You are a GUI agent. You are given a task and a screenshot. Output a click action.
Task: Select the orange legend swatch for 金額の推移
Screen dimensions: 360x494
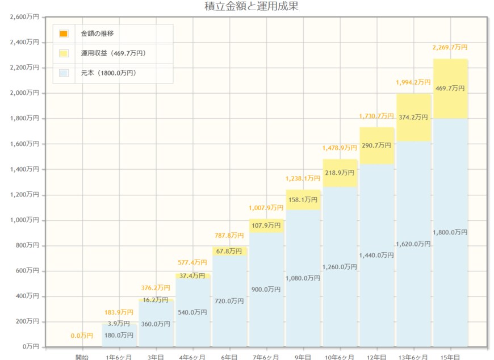coord(64,34)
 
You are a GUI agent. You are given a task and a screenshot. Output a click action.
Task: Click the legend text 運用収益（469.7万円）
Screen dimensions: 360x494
coord(113,53)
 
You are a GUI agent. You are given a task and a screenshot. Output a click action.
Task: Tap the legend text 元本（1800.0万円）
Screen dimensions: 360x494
coord(108,73)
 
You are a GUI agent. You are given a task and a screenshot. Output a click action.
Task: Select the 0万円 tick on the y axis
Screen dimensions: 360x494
coord(30,346)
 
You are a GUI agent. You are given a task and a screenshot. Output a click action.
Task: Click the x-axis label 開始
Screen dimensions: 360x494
coord(82,357)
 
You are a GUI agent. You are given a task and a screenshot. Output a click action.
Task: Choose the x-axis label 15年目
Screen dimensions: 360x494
coord(450,357)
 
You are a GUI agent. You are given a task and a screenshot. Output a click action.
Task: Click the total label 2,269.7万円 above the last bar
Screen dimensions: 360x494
coord(450,47)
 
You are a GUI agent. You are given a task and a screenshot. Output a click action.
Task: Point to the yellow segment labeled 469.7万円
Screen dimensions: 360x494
coord(450,89)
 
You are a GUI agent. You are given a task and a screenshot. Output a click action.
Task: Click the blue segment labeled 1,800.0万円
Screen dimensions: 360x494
coord(450,232)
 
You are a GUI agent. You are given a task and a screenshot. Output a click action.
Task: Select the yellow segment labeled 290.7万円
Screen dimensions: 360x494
coord(377,145)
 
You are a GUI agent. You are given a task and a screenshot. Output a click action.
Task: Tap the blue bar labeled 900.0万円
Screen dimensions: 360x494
coord(266,289)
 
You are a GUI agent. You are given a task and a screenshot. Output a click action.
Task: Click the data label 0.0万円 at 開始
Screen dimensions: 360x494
coord(82,336)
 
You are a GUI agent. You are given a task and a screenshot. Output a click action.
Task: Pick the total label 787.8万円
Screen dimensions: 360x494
coord(229,236)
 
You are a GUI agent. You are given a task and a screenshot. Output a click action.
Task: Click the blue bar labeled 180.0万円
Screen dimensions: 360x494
coord(119,335)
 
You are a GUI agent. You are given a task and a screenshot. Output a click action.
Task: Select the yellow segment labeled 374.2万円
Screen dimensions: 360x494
coord(413,117)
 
